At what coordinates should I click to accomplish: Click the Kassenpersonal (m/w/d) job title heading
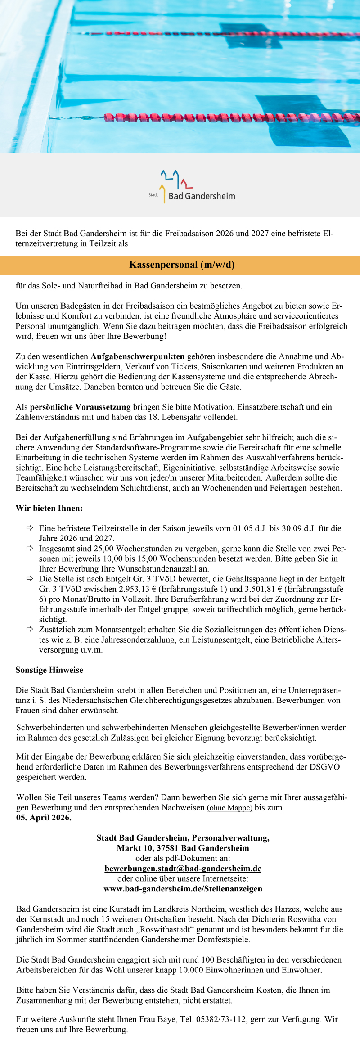[182, 265]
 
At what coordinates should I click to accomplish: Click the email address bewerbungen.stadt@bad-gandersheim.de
[183, 868]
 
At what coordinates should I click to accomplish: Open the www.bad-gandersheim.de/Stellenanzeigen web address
[183, 888]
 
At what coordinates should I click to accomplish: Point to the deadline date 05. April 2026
[44, 818]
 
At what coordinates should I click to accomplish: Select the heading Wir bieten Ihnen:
[49, 508]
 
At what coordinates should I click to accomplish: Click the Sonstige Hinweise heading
[49, 670]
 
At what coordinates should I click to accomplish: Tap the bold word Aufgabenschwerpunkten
[138, 356]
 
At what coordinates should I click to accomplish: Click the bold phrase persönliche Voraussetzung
[80, 407]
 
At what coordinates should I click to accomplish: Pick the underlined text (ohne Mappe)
[229, 808]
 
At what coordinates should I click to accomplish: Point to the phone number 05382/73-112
[221, 1019]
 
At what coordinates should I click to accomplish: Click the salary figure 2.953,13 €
[134, 589]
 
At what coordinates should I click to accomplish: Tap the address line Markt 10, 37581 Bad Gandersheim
[183, 848]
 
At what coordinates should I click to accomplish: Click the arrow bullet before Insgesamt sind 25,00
[30, 549]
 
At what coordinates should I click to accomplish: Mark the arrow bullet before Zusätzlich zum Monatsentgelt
[30, 629]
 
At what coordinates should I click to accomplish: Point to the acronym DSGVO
[324, 767]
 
